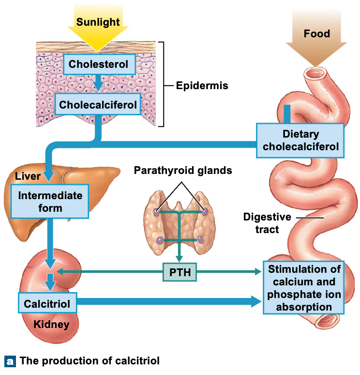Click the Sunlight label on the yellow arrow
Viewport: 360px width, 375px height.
pyautogui.click(x=98, y=22)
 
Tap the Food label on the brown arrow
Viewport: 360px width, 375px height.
pyautogui.click(x=316, y=33)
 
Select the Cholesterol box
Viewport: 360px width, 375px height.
pyautogui.click(x=98, y=64)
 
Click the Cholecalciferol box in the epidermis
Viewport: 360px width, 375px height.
pyautogui.click(x=98, y=104)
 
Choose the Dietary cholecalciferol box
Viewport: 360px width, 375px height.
pyautogui.click(x=300, y=141)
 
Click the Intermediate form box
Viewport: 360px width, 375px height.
pyautogui.click(x=50, y=201)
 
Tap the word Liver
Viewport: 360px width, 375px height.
pyautogui.click(x=28, y=176)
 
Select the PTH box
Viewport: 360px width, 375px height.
pyautogui.click(x=180, y=272)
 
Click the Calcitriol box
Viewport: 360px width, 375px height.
pyautogui.click(x=47, y=304)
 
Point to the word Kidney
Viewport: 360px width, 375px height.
pyautogui.click(x=51, y=325)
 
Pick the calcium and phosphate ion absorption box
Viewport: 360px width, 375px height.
pyautogui.click(x=303, y=288)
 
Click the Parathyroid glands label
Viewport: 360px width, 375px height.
pyautogui.click(x=182, y=171)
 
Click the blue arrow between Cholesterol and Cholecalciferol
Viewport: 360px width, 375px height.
pyautogui.click(x=98, y=83)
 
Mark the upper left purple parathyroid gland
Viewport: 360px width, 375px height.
pyautogui.click(x=156, y=212)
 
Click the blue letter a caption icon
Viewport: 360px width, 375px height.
pyautogui.click(x=10, y=361)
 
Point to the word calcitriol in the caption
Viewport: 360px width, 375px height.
pyautogui.click(x=137, y=361)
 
